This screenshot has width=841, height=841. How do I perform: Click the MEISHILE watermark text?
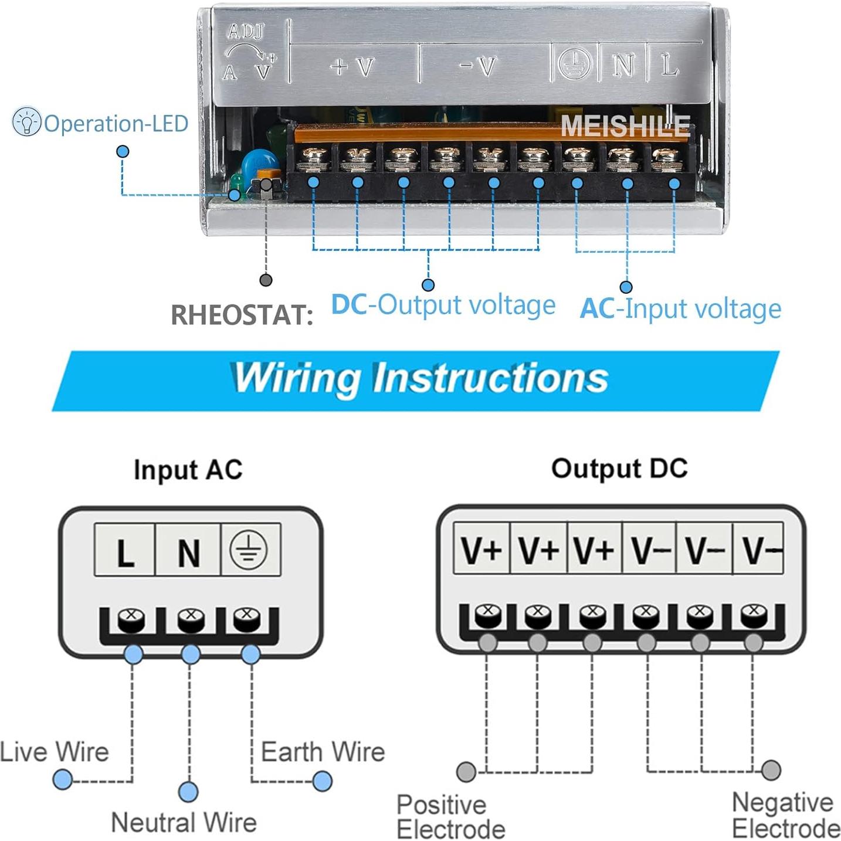pos(625,126)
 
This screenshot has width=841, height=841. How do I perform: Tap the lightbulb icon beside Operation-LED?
pos(26,122)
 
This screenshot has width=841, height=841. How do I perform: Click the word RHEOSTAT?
pos(241,315)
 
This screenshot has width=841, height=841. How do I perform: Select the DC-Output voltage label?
pos(443,305)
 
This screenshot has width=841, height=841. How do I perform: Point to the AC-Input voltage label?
pos(680,308)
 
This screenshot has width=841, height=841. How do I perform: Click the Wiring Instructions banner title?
pos(420,378)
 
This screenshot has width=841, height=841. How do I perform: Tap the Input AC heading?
pos(188,470)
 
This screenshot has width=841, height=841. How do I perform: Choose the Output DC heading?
pos(619,469)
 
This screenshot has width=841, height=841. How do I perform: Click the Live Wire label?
pos(55,752)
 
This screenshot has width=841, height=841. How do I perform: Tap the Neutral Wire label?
pos(184,822)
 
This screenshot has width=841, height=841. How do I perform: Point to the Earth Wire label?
pos(323,752)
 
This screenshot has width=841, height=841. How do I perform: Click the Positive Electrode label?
pos(450,817)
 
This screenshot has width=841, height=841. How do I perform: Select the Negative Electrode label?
pos(785,815)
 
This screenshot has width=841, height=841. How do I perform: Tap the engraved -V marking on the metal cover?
pos(478,66)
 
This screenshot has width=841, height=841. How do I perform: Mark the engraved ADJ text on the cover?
pos(246,31)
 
